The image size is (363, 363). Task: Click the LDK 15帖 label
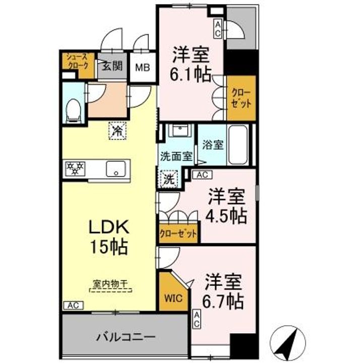click(x=108, y=237)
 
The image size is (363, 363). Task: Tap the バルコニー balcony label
click(x=126, y=335)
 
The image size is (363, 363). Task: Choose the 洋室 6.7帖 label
click(x=224, y=291)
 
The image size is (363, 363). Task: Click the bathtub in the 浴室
click(x=237, y=144)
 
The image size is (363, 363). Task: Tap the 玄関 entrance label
click(x=111, y=66)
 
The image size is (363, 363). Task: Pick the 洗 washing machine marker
click(x=169, y=178)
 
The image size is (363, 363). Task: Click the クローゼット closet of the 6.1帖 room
click(x=241, y=97)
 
